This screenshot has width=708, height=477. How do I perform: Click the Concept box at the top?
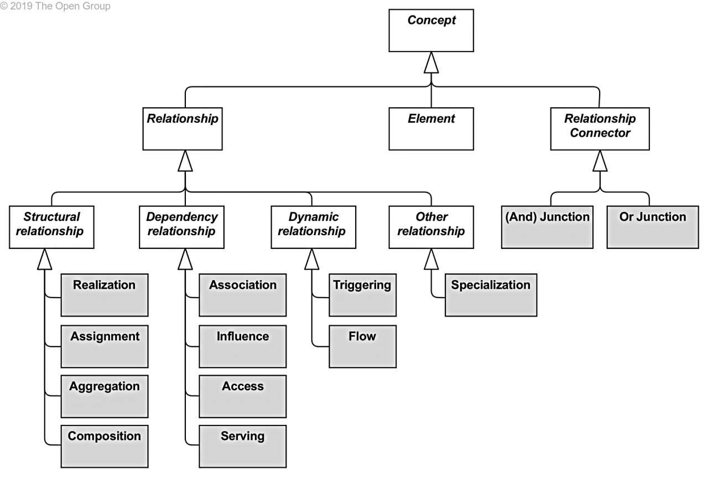pyautogui.click(x=431, y=30)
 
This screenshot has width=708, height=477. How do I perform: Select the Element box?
pyautogui.click(x=431, y=129)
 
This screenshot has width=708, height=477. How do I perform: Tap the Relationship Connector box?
pyautogui.click(x=600, y=129)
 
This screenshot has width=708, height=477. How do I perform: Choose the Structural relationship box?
pyautogui.click(x=51, y=227)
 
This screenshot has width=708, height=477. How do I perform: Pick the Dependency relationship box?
pyautogui.click(x=182, y=227)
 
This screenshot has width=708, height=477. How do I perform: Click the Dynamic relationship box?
pyautogui.click(x=313, y=227)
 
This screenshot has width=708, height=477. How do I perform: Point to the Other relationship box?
pyautogui.click(x=431, y=227)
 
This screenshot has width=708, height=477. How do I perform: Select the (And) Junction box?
pyautogui.click(x=547, y=227)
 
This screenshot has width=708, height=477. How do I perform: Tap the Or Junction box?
pyautogui.click(x=653, y=227)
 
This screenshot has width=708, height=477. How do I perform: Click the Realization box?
pyautogui.click(x=105, y=295)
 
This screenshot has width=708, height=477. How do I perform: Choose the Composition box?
pyautogui.click(x=105, y=447)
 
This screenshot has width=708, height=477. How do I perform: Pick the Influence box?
pyautogui.click(x=243, y=346)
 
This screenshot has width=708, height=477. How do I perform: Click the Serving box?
pyautogui.click(x=243, y=447)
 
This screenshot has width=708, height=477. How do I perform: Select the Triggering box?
pyautogui.click(x=362, y=295)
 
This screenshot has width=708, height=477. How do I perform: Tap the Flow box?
pyautogui.click(x=362, y=346)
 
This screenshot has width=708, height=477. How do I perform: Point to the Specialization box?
pyautogui.click(x=491, y=295)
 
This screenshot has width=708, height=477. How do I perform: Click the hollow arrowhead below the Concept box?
pyautogui.click(x=431, y=63)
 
